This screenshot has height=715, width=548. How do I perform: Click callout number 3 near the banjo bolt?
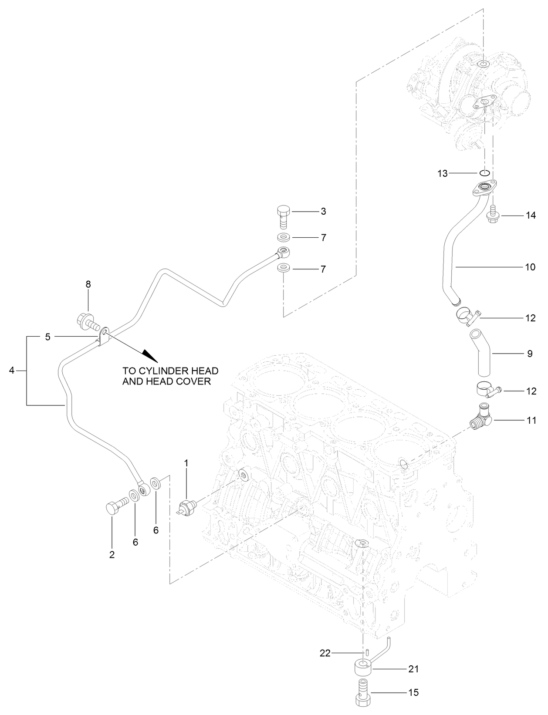tap(323, 212)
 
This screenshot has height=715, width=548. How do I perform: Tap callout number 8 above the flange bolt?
tap(88, 284)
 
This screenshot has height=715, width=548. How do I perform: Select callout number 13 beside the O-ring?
tap(443, 174)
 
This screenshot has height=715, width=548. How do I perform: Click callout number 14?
tap(530, 215)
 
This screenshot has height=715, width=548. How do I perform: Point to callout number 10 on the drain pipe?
tap(530, 266)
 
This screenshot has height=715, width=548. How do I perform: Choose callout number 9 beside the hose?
tap(530, 354)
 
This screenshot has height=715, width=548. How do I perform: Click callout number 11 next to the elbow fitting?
tap(531, 420)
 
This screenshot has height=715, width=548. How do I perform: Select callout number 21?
tap(413, 668)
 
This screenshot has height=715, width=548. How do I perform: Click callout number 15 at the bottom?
tap(413, 692)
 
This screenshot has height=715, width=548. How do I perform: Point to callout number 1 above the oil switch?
tap(186, 463)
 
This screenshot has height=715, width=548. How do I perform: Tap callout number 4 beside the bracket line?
tap(12, 371)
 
